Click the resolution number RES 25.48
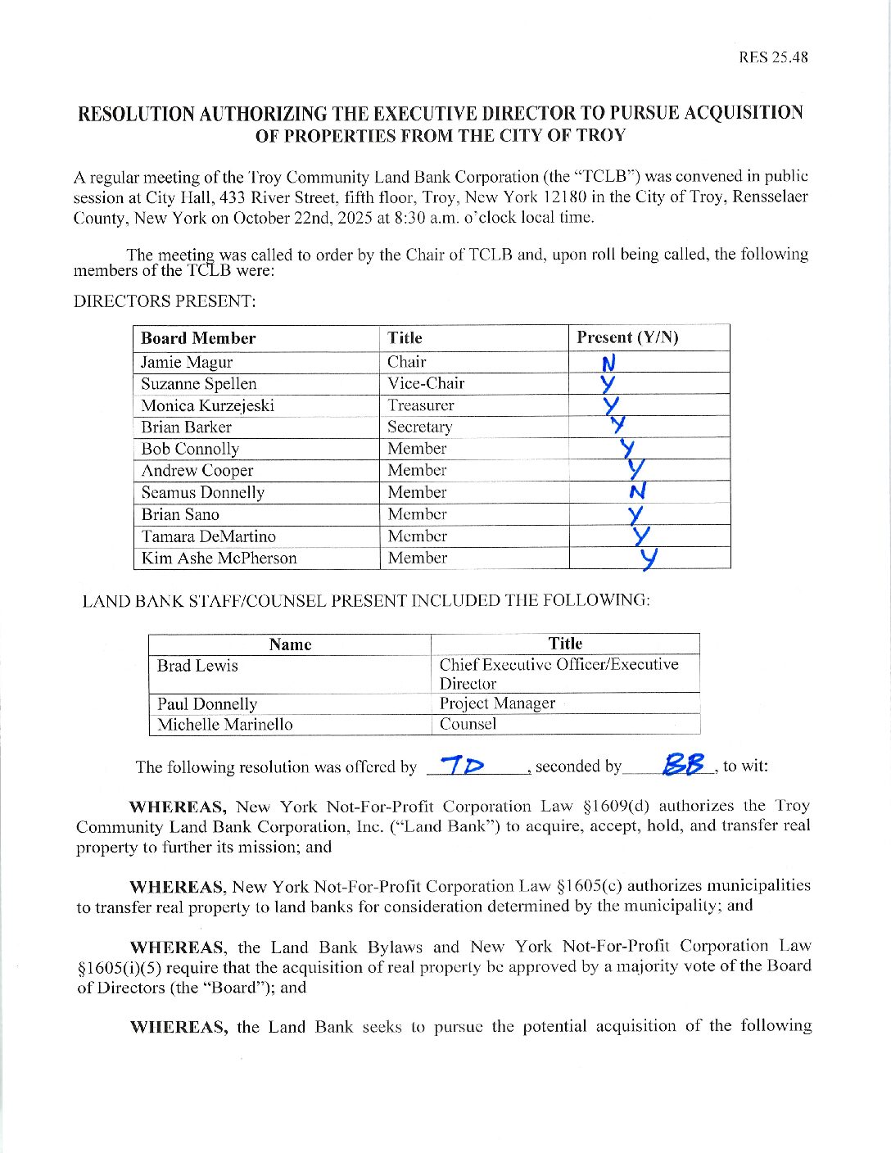point(773,57)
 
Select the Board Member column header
point(198,338)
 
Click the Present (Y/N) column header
point(627,337)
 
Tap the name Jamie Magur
point(187,362)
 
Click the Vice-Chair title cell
point(426,383)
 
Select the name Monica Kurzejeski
point(207,405)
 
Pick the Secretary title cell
point(419,427)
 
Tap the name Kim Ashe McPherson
point(219,558)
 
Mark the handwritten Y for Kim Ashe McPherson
point(649,558)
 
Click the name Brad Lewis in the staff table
point(197,665)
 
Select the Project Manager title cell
point(497,703)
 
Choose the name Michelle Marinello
point(224,724)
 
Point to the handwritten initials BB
point(684,765)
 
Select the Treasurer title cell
point(421,405)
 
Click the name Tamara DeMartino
point(208,536)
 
